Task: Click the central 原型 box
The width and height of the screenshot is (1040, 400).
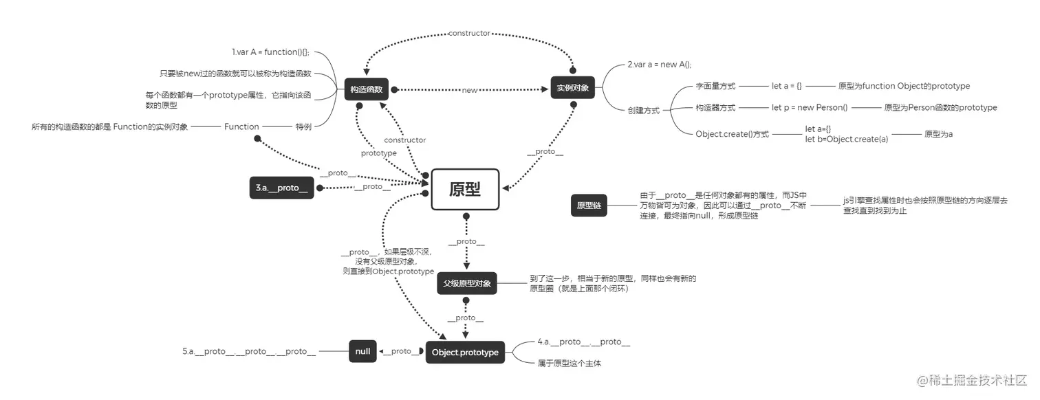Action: coord(465,190)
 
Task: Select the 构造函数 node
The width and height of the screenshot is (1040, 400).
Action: coord(367,89)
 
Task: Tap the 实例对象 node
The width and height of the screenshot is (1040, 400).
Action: coord(572,89)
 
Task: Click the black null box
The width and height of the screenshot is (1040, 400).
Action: coord(362,351)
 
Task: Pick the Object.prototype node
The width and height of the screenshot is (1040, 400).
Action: coord(465,352)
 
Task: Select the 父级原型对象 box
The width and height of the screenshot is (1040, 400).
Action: coord(467,283)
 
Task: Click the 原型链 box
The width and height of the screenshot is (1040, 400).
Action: coord(589,205)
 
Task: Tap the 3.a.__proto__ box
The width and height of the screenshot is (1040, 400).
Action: coord(282,188)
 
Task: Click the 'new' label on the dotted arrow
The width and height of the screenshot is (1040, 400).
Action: coord(470,90)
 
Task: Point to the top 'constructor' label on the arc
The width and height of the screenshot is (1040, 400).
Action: coord(469,33)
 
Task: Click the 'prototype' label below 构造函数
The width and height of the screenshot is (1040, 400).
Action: coord(378,153)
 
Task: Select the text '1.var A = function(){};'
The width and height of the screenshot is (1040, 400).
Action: coord(270,52)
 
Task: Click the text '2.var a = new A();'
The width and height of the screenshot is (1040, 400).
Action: coord(659,64)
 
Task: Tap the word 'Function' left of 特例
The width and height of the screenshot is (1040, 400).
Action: coord(241,126)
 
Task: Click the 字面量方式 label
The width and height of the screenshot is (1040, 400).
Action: coord(715,86)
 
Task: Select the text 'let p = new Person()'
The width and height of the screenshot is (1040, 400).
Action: coord(810,107)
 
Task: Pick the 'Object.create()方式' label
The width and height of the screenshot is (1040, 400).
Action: coord(733,134)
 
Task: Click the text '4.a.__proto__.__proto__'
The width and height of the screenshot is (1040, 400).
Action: coord(584,342)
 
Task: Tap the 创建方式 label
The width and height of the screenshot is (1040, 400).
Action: coord(643,110)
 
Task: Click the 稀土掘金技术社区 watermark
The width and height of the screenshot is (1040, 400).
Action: coord(971,380)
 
